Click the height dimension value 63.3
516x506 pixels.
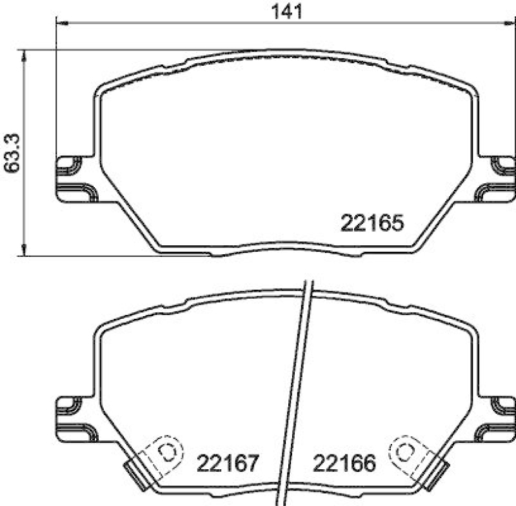coord(14,154)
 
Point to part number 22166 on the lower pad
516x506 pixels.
coord(344,463)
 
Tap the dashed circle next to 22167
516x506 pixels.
coord(167,452)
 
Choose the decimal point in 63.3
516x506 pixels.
coord(14,150)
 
